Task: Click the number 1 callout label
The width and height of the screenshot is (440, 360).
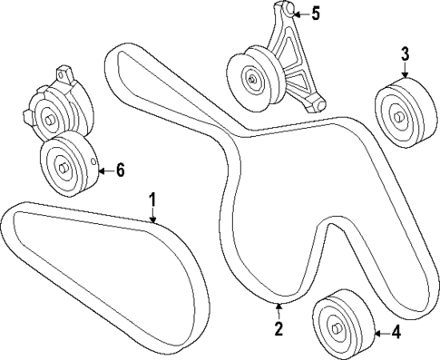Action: click(x=153, y=198)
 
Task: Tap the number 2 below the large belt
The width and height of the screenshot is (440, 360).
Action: click(x=279, y=327)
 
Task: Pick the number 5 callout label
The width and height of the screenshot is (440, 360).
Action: click(x=316, y=14)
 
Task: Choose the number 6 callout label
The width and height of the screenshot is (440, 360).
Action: click(x=119, y=169)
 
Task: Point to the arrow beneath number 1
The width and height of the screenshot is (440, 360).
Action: click(x=153, y=214)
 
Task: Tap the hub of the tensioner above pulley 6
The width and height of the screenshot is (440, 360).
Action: click(x=47, y=113)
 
